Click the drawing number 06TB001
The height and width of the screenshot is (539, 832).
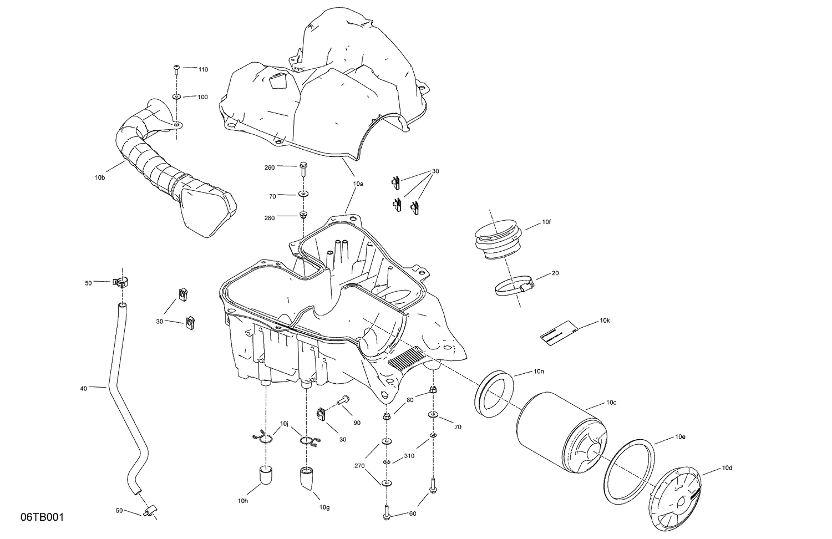(42, 517)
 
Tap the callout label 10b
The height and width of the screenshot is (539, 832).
(99, 177)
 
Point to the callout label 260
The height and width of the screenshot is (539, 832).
(270, 167)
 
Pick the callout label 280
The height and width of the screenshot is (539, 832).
(270, 218)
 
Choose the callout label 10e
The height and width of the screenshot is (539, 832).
(680, 437)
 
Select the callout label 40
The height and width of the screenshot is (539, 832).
(83, 389)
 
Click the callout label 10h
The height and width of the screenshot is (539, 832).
(242, 501)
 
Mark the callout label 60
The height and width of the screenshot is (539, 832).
(412, 513)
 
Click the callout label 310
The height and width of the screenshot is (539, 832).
(409, 456)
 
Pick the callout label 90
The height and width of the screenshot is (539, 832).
(357, 423)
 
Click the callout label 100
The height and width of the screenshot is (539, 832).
(203, 97)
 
